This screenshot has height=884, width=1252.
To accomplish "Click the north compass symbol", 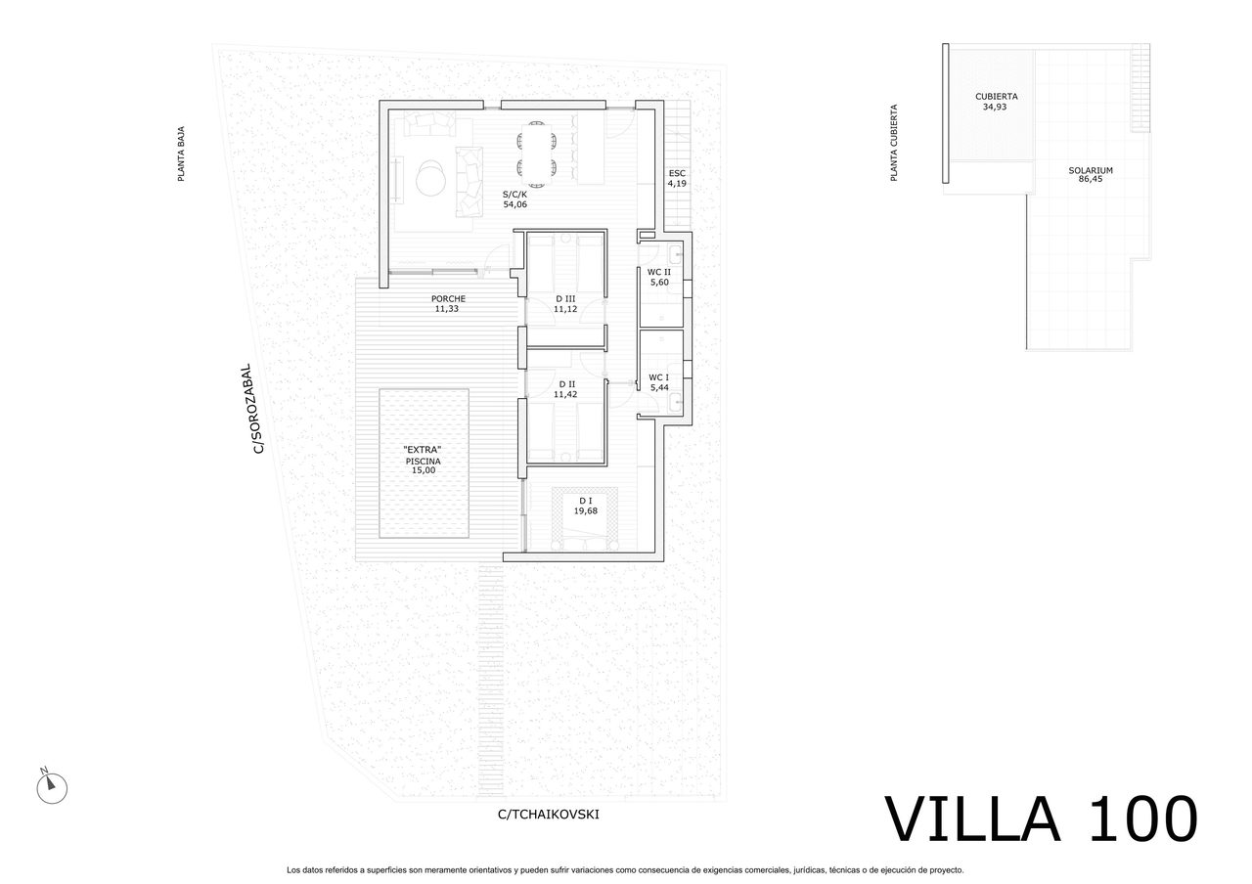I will click(51, 787).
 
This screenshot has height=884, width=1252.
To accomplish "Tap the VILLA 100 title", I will click(1041, 819).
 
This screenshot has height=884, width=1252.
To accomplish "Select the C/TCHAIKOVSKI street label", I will click(548, 814).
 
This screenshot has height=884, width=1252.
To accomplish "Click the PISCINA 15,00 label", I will click(423, 460).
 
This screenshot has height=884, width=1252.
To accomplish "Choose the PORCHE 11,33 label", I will click(448, 303).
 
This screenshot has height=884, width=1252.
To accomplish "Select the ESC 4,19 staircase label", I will click(677, 178).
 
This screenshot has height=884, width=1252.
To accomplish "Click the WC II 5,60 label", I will click(658, 278).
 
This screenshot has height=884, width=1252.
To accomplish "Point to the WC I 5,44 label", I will click(658, 382).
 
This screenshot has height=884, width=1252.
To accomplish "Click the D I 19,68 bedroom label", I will click(586, 504).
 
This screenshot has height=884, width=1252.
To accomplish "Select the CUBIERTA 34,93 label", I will click(997, 102).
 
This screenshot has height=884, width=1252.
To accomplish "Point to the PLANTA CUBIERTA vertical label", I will click(893, 143).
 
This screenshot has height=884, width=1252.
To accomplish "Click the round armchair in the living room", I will click(431, 179).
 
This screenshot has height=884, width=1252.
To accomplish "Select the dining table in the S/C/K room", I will click(537, 152).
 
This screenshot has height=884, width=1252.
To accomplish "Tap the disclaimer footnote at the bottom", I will click(625, 869).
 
